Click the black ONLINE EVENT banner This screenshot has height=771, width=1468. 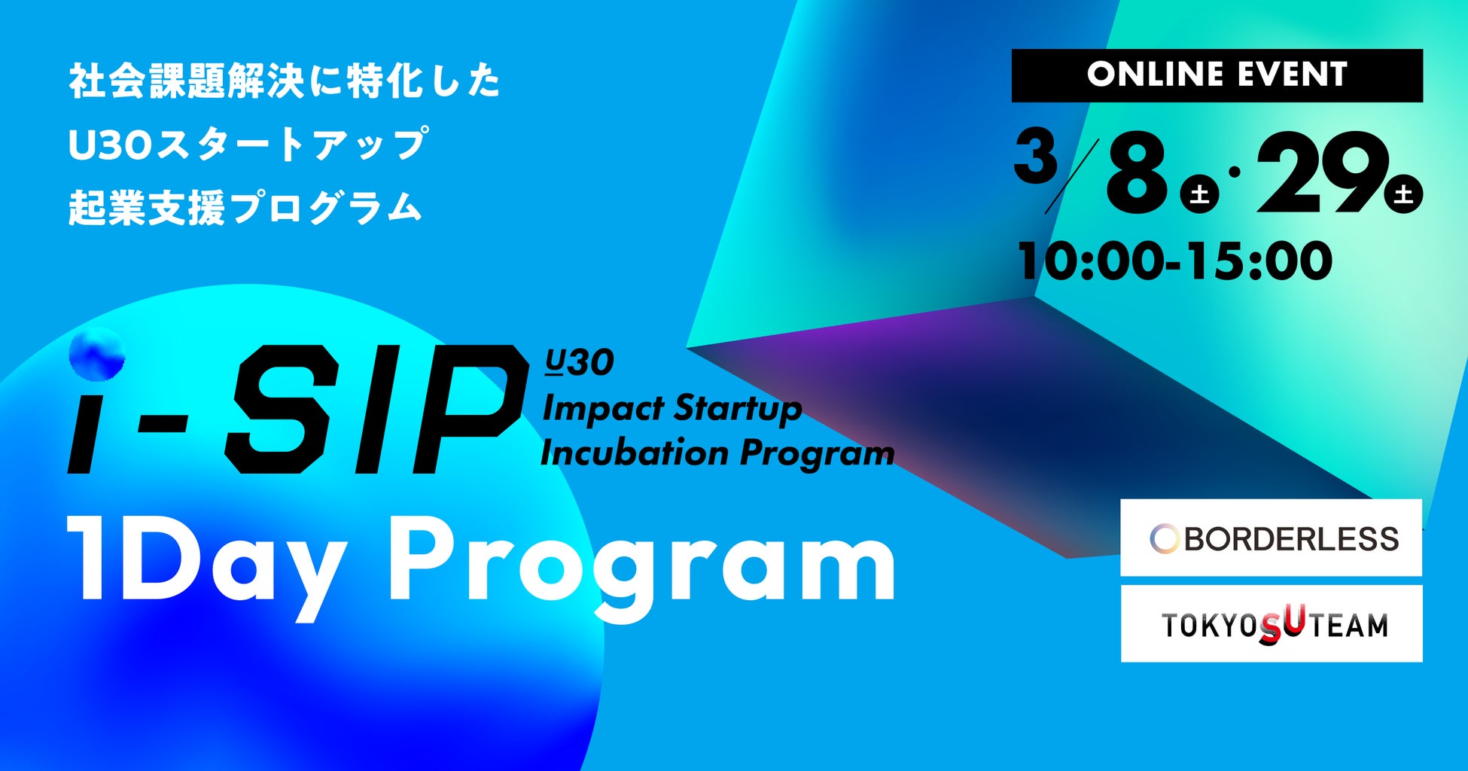[1217, 75]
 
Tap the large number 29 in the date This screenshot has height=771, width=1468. [1322, 173]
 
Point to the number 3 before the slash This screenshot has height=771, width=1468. [1035, 156]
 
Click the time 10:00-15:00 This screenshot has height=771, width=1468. [1175, 261]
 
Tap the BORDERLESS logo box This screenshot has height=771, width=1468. [1271, 538]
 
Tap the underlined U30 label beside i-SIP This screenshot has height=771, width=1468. [580, 362]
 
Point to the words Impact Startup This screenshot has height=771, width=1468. [672, 409]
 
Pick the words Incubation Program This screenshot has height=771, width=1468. [717, 453]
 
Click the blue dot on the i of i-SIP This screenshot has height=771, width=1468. [97, 354]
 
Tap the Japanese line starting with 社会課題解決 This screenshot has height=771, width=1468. [284, 81]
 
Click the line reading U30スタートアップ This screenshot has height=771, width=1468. [248, 145]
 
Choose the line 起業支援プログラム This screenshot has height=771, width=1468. [245, 208]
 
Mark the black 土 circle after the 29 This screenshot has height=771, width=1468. [1403, 194]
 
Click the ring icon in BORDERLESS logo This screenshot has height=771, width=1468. [1164, 539]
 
